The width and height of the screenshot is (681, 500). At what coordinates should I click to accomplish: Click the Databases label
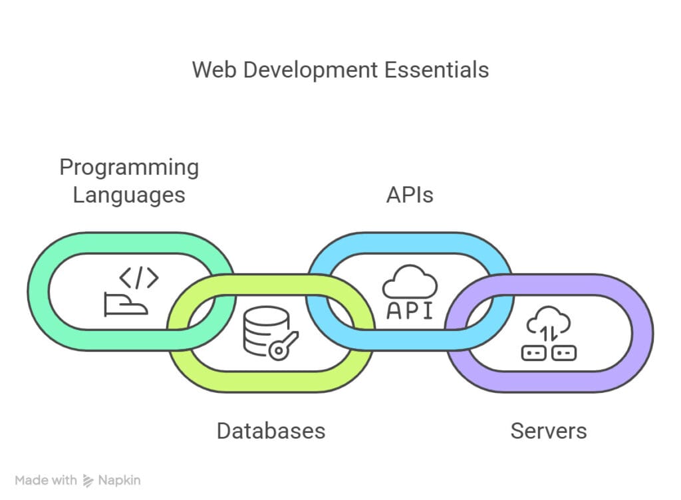[x=271, y=430]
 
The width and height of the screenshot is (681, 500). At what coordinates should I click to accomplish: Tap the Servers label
[x=549, y=430]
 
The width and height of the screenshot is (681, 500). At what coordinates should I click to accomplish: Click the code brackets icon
[x=138, y=278]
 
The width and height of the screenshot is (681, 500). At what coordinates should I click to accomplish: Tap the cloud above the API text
[x=410, y=283]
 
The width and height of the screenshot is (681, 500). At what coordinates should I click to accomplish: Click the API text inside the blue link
[x=410, y=311]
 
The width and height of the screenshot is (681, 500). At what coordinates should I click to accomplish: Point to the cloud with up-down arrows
[x=549, y=323]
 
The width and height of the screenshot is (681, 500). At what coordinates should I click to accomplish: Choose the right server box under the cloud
[x=564, y=353]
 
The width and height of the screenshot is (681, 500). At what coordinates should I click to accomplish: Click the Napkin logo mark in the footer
[x=88, y=479]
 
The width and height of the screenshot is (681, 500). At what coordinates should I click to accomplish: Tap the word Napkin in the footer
[x=120, y=479]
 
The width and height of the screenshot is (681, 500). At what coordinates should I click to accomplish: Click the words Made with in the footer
[x=46, y=479]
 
